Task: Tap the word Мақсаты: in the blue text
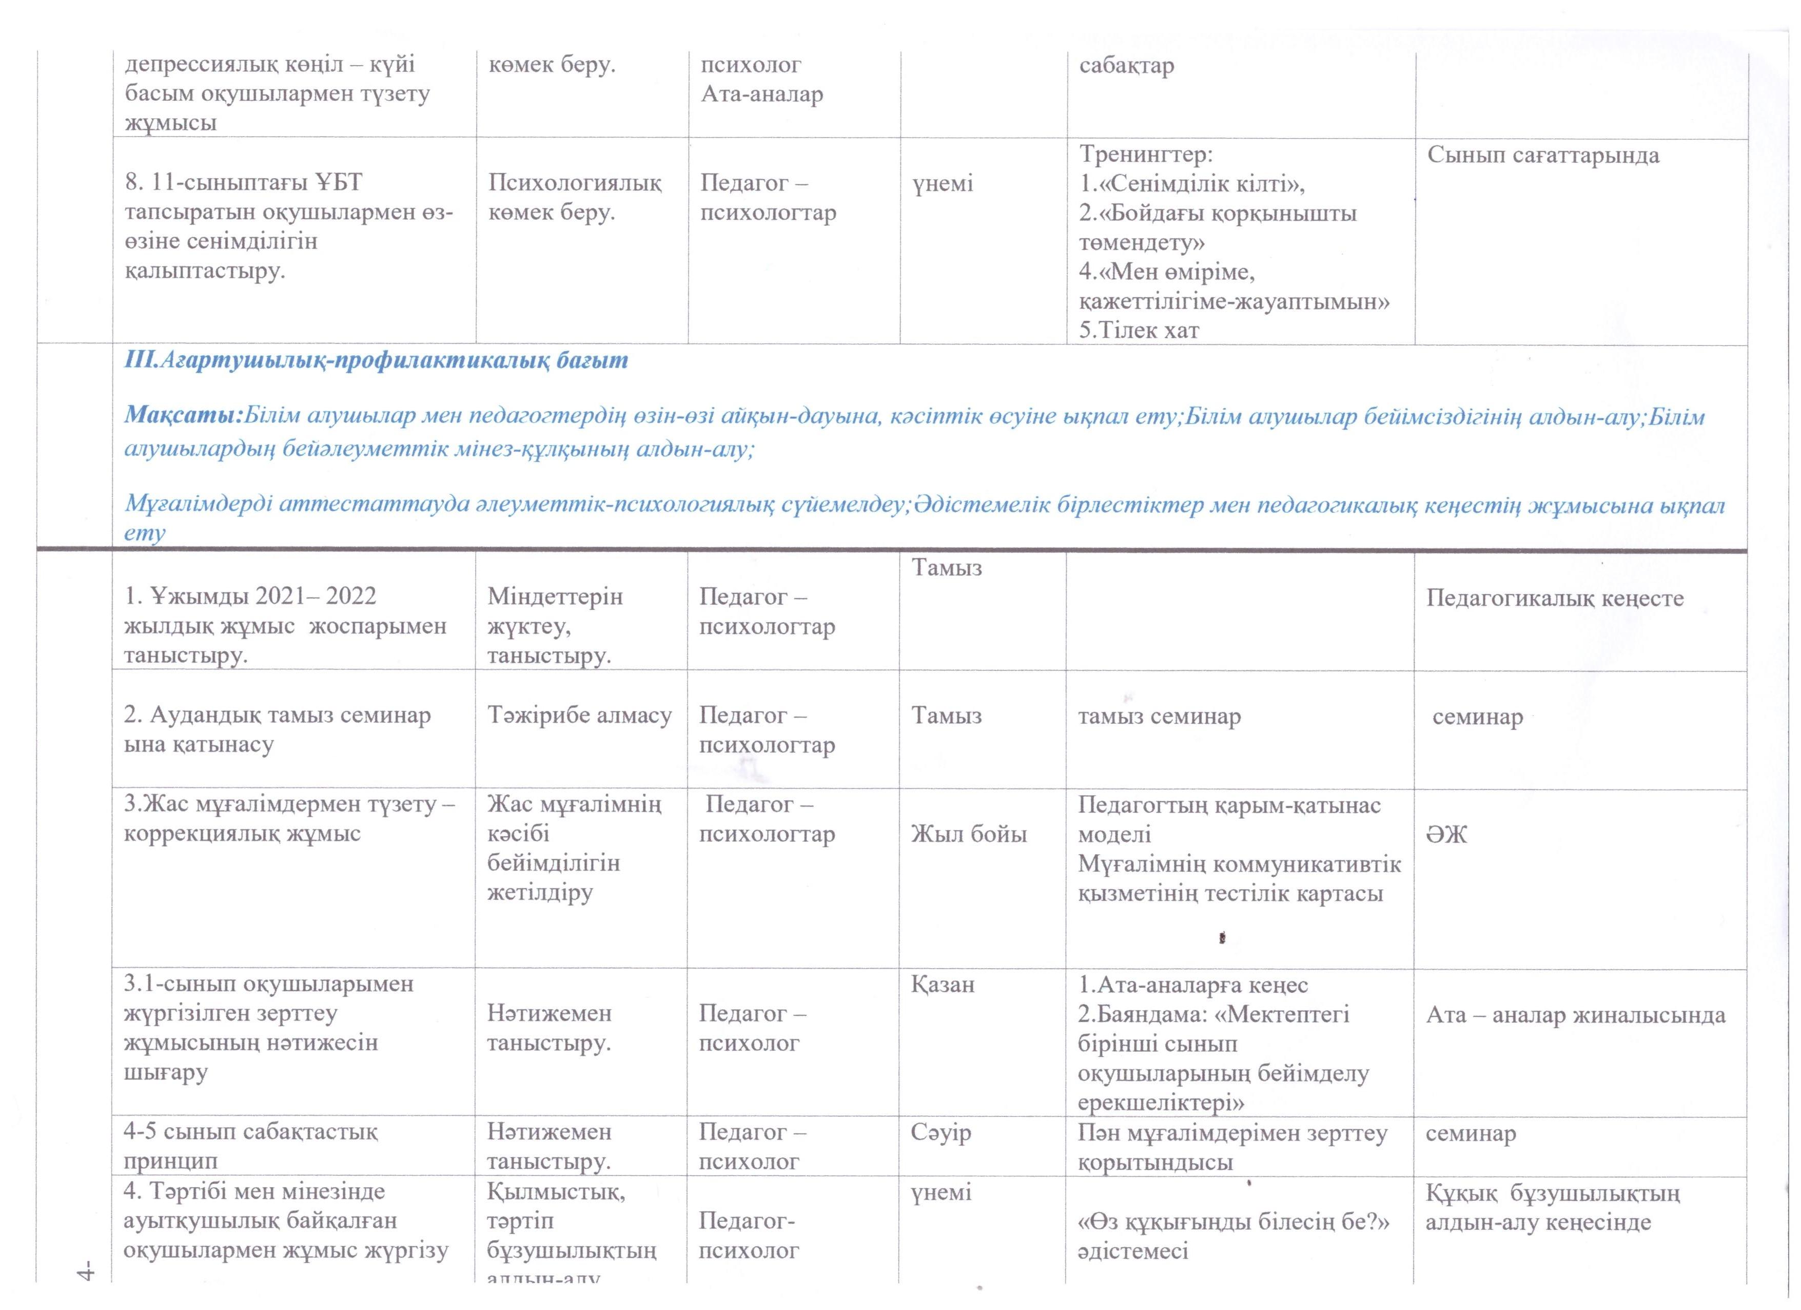click(182, 416)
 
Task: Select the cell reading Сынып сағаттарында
click(1543, 155)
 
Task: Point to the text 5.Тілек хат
click(1139, 331)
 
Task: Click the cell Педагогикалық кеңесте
click(1554, 598)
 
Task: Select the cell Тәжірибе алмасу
click(580, 715)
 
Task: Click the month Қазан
click(941, 984)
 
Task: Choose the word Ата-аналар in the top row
click(761, 94)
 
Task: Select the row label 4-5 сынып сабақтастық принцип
click(250, 1146)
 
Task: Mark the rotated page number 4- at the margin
click(86, 1270)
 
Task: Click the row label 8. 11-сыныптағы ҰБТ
click(243, 183)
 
